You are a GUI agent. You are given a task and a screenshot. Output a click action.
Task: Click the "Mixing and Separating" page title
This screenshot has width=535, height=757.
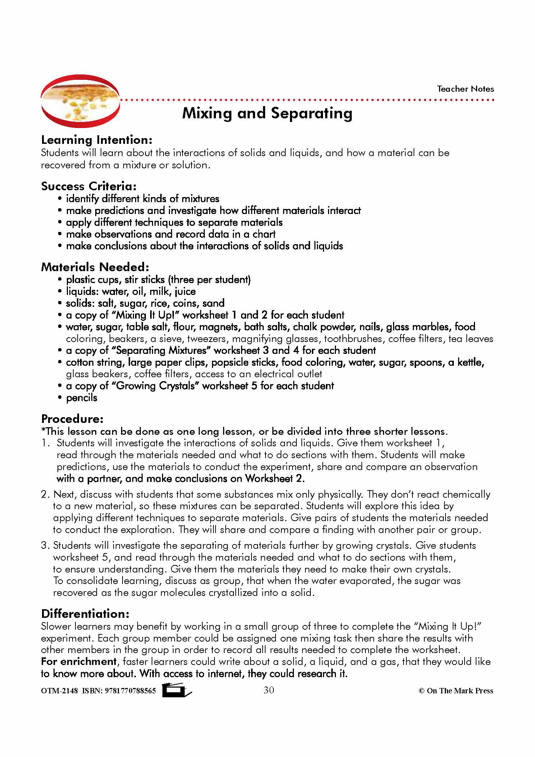[267, 113]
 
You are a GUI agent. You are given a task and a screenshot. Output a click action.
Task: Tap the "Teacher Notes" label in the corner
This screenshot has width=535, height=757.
[465, 89]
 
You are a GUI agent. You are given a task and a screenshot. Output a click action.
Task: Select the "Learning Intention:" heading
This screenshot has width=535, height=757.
[97, 140]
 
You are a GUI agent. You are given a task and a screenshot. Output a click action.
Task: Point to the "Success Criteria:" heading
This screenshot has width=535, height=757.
[89, 186]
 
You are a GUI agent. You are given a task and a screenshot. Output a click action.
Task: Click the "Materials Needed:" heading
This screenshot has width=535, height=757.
[95, 267]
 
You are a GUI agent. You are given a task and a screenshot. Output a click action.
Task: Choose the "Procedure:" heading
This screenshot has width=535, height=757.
[72, 419]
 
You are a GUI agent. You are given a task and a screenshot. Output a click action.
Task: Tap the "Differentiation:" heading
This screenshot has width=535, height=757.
[85, 614]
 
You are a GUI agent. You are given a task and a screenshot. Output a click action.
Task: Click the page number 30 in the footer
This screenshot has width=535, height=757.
[269, 690]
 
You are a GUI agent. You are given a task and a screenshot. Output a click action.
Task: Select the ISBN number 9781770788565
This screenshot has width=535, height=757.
[130, 690]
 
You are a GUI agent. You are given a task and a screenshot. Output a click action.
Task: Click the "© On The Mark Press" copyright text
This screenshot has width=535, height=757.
[456, 690]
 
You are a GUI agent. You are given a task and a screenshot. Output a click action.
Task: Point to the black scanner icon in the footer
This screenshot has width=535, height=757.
[176, 690]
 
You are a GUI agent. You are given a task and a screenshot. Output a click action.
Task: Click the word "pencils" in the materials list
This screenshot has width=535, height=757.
[82, 398]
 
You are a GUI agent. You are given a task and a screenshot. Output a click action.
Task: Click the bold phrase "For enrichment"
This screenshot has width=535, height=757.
[79, 661]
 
